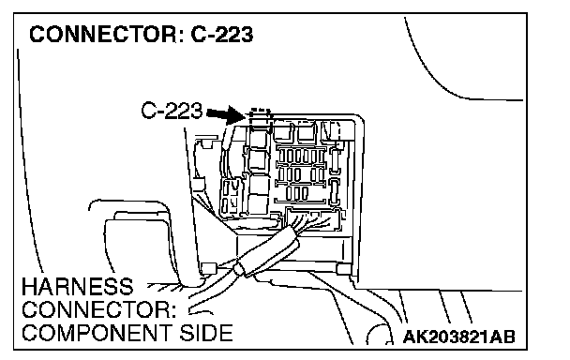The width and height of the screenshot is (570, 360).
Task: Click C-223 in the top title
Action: [x=221, y=34]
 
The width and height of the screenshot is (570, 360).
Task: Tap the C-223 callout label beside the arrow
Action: [x=172, y=111]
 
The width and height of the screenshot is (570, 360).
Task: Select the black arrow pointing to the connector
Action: [x=226, y=114]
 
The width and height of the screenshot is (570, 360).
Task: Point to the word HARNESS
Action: [x=78, y=287]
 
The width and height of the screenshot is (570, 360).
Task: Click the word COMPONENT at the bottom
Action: [x=97, y=333]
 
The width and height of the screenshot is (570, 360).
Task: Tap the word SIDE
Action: [x=206, y=333]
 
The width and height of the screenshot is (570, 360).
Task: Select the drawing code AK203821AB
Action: [x=459, y=337]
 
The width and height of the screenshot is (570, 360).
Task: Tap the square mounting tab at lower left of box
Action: [x=208, y=268]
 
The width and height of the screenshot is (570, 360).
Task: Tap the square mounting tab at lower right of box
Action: [x=343, y=269]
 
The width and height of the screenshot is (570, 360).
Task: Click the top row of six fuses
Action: [x=301, y=157]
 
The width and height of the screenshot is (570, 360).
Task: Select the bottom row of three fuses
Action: [x=297, y=193]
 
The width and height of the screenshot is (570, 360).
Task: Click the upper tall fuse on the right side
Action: [x=335, y=160]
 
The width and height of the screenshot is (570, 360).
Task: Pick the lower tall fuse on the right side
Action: [x=334, y=191]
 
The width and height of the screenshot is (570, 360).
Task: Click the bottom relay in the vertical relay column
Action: [x=259, y=204]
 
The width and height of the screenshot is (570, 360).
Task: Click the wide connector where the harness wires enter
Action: [x=313, y=219]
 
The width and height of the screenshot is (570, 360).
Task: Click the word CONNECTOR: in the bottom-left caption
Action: [x=98, y=309]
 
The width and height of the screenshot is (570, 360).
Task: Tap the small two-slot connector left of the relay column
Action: [x=230, y=197]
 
